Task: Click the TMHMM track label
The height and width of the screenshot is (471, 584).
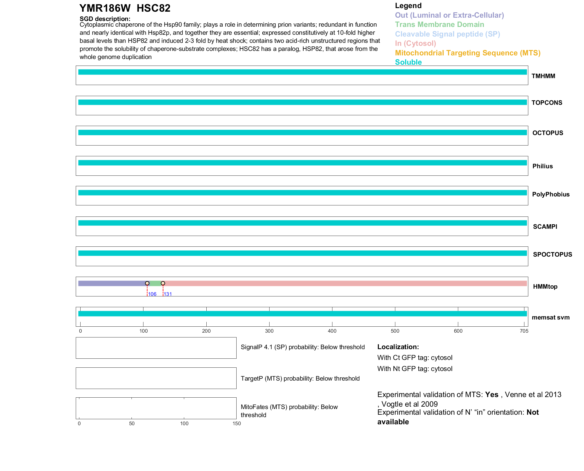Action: (x=543, y=76)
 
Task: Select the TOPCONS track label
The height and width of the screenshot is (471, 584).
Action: (x=547, y=103)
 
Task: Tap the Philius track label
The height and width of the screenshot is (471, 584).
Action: (x=542, y=166)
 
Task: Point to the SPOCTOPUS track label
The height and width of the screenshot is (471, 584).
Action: (x=552, y=255)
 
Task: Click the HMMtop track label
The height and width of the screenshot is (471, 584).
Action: (x=545, y=287)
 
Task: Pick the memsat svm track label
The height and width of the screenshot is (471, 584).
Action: (x=550, y=317)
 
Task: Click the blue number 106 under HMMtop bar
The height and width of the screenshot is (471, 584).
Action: (x=152, y=294)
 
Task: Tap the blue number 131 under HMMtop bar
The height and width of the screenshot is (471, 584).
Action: (x=168, y=294)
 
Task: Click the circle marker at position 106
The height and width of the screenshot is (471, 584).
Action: (x=147, y=283)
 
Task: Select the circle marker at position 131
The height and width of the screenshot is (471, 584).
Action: (x=163, y=283)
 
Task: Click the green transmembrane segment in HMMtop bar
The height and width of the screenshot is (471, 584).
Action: (x=155, y=283)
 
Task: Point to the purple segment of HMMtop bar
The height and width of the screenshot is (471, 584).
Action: (x=112, y=283)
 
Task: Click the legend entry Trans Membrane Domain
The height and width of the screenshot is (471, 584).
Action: (x=439, y=25)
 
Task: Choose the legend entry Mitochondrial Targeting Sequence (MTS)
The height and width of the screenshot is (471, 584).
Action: (x=467, y=53)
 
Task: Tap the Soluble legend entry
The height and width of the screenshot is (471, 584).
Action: (x=408, y=62)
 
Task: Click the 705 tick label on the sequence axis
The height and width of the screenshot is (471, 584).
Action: (x=524, y=331)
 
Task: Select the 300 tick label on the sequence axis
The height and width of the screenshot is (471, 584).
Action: (x=269, y=331)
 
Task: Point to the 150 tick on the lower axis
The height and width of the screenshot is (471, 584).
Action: (x=237, y=423)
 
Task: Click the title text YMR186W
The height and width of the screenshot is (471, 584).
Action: (x=105, y=8)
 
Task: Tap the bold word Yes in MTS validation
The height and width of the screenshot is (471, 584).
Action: (x=491, y=395)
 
